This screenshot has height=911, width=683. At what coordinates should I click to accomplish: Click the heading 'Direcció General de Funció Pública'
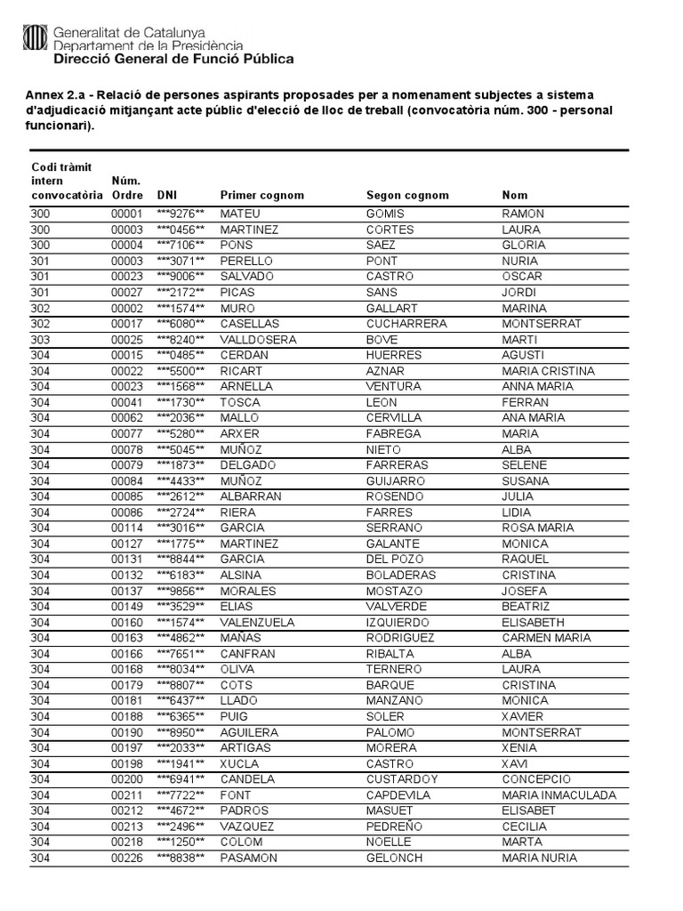point(173,60)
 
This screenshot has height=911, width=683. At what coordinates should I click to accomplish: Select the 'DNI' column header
point(166,195)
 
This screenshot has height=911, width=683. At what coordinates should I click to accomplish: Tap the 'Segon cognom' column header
point(407,195)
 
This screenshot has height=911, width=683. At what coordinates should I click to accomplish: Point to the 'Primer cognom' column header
point(261,195)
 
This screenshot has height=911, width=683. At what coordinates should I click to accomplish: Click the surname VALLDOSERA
point(259,340)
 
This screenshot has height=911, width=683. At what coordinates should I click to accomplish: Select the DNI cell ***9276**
point(181,214)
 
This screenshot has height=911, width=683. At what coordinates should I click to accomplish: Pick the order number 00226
point(126,858)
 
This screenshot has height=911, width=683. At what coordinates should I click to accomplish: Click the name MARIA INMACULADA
point(558,795)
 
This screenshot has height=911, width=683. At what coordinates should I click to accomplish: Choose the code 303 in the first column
point(41,340)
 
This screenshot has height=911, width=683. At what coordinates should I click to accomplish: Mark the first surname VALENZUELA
point(259,622)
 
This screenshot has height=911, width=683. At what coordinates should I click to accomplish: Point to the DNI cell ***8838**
point(181,858)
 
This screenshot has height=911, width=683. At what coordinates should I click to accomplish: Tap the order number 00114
point(126,528)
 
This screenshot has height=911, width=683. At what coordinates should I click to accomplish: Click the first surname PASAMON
point(249,858)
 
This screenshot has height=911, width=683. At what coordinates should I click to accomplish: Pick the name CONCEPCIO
point(536,779)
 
